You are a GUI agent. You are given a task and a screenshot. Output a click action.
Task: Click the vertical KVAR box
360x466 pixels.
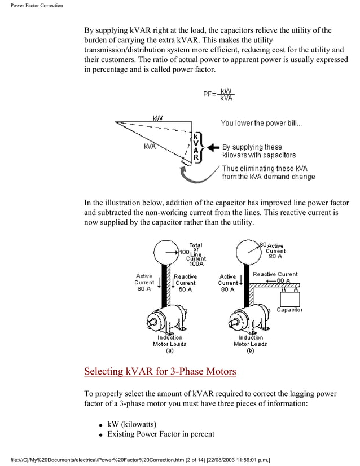[195, 148]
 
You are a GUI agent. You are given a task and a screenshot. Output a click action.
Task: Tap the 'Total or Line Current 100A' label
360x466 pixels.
[196, 254]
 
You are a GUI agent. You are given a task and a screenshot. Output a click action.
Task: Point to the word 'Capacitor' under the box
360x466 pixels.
[289, 310]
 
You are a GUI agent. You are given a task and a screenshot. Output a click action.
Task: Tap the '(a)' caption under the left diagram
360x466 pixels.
[169, 350]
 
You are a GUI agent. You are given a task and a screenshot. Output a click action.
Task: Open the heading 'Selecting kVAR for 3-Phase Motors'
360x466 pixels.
[160, 372]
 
